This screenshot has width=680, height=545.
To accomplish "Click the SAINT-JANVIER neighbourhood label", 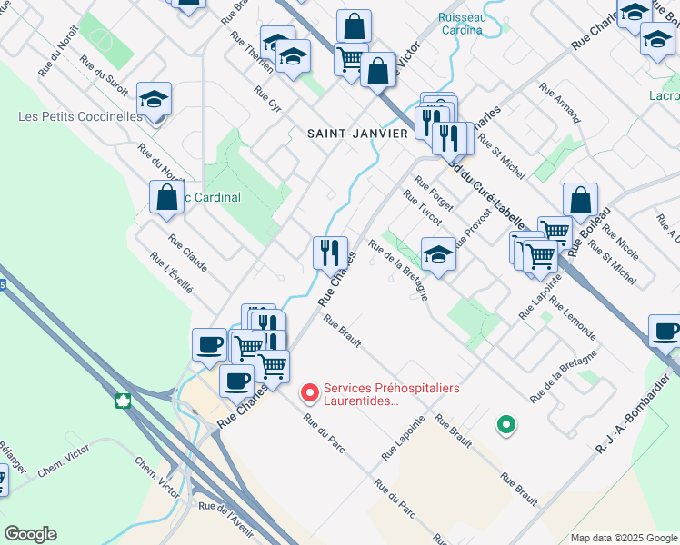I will pyautogui.click(x=357, y=133).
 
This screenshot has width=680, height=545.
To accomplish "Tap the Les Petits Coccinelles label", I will pyautogui.click(x=81, y=116).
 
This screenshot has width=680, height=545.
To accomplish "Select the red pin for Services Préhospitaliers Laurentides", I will pyautogui.click(x=309, y=392).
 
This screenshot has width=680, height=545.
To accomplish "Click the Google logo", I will pyautogui.click(x=31, y=534).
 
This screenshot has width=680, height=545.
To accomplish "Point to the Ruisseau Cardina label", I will pyautogui.click(x=462, y=23).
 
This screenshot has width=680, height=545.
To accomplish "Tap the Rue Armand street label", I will pyautogui.click(x=559, y=102).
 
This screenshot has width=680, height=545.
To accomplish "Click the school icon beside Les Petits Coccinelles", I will pyautogui.click(x=155, y=99).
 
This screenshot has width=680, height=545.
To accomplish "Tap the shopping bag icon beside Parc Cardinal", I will pyautogui.click(x=167, y=197).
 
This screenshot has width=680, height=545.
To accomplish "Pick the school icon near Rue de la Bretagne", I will pyautogui.click(x=438, y=254).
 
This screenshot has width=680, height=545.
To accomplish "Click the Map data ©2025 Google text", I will pyautogui.click(x=623, y=537).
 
